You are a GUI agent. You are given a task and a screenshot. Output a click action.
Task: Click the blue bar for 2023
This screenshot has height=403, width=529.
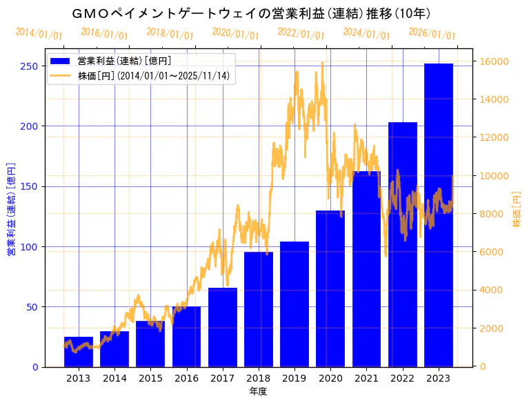click(439, 215)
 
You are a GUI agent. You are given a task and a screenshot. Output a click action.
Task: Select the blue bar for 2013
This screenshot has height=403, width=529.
click(79, 351)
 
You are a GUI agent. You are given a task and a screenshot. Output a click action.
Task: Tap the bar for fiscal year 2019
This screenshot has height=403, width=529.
click(295, 304)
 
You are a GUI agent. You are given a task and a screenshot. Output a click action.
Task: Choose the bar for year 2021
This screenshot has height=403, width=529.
click(366, 268)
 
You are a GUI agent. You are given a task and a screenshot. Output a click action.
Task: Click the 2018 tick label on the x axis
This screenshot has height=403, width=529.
click(258, 378)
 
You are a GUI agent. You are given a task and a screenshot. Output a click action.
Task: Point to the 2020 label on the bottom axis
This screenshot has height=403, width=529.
click(330, 378)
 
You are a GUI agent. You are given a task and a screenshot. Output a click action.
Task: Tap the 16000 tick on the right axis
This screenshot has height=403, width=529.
click(495, 61)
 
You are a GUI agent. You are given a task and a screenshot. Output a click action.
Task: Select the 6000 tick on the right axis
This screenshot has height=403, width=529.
click(492, 252)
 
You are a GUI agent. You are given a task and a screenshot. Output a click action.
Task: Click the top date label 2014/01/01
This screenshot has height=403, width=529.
click(39, 34)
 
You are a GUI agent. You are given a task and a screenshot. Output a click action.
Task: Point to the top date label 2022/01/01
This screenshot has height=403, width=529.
click(301, 34)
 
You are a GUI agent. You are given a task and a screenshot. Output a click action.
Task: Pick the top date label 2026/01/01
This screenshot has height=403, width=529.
click(432, 34)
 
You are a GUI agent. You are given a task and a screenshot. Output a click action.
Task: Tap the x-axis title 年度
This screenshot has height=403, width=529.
click(258, 391)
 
